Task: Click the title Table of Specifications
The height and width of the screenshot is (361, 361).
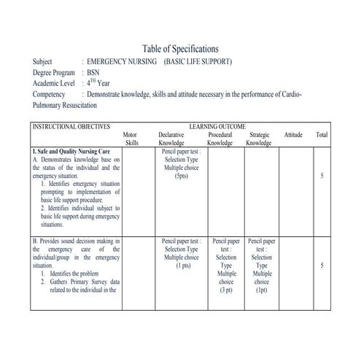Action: click(x=180, y=48)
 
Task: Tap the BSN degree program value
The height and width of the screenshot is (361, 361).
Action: click(x=93, y=72)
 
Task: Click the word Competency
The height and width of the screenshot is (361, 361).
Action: click(x=50, y=95)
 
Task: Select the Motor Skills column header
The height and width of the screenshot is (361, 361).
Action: click(x=131, y=139)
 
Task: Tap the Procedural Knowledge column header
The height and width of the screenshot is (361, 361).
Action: click(x=220, y=139)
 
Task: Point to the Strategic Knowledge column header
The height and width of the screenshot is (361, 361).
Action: click(x=259, y=139)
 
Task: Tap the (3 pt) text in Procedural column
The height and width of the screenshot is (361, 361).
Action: click(x=226, y=290)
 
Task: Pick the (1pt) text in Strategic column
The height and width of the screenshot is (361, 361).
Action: click(x=262, y=290)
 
